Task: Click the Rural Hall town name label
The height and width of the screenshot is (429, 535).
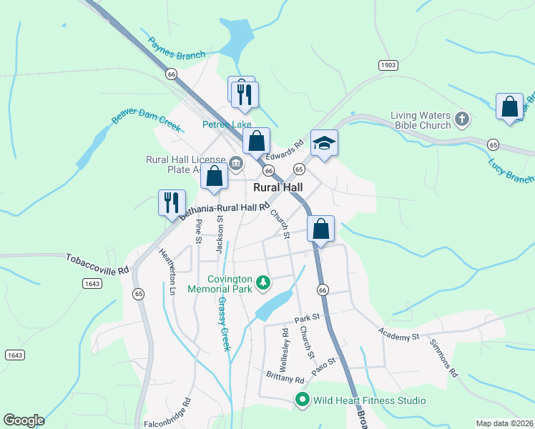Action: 278,187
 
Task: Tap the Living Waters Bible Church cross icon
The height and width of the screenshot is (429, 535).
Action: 462,118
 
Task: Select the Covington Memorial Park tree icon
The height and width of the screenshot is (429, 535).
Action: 264,283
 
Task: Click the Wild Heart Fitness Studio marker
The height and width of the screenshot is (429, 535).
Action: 302,400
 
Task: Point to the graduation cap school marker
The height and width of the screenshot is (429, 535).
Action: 324,143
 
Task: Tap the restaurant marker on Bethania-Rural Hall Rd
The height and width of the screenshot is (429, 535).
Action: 172,202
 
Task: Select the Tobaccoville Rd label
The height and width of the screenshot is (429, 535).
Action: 97,263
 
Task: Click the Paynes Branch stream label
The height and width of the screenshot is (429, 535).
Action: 177,48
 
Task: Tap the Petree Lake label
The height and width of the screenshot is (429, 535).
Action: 227,124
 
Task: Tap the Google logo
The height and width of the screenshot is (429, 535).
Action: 24,420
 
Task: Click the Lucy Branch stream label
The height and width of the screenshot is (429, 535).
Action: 511,171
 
